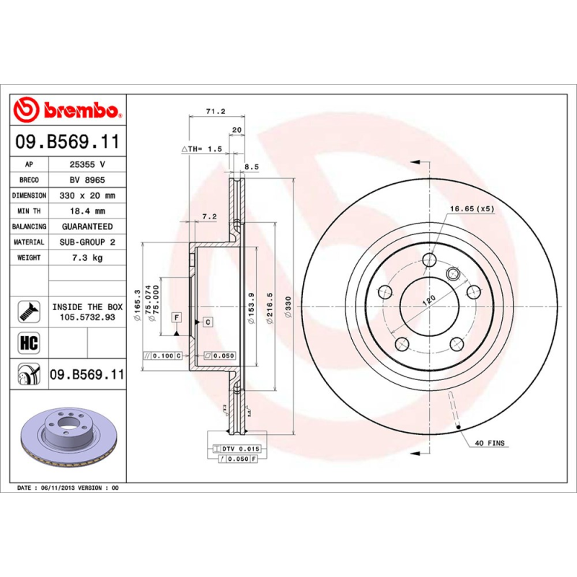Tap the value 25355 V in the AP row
87,164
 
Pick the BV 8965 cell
87,180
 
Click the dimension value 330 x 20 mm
87,195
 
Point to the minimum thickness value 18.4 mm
87,211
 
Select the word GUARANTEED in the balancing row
87,226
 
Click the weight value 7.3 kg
87,257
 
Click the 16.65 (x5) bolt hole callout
472,208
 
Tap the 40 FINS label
490,442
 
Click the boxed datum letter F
175,317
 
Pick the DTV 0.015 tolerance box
235,449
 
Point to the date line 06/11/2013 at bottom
68,488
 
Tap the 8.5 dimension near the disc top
252,166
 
